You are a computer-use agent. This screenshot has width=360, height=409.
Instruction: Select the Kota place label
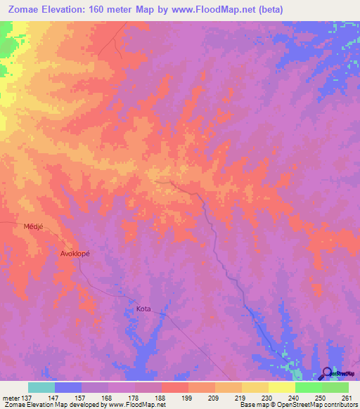click(x=143, y=309)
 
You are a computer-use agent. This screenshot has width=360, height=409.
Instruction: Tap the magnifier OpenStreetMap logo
click(x=327, y=373)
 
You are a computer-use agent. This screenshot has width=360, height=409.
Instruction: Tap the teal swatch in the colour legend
click(x=41, y=387)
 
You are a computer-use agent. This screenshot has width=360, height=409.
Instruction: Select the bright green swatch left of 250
click(x=308, y=387)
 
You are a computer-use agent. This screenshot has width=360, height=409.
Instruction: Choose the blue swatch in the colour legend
click(x=67, y=387)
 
